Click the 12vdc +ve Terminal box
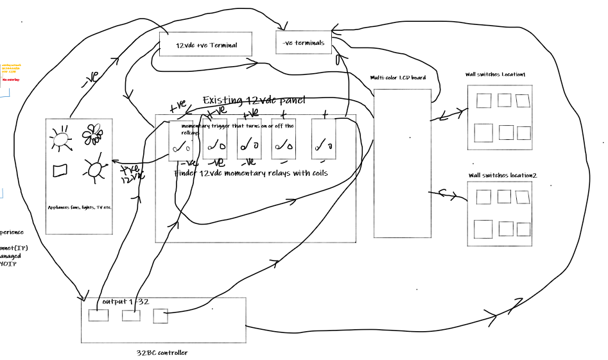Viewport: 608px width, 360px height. click(205, 45)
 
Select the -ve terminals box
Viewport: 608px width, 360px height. click(304, 43)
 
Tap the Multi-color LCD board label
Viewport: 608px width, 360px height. click(398, 78)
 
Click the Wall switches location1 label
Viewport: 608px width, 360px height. click(495, 74)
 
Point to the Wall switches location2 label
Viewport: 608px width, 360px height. click(503, 175)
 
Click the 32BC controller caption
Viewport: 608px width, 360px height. click(162, 352)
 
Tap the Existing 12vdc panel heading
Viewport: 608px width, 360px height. click(254, 101)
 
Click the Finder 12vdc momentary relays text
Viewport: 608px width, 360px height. click(251, 173)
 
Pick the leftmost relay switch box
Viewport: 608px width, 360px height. click(181, 141)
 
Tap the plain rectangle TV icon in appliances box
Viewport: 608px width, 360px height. click(61, 171)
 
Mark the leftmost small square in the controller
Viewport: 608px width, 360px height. click(98, 316)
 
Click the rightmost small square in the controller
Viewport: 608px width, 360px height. click(161, 316)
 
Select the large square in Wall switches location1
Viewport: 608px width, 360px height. click(483, 133)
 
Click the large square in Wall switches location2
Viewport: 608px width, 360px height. click(483, 229)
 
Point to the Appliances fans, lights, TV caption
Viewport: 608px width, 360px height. click(80, 207)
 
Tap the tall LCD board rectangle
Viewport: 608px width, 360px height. click(403, 164)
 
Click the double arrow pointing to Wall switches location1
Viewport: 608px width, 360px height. click(449, 116)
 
